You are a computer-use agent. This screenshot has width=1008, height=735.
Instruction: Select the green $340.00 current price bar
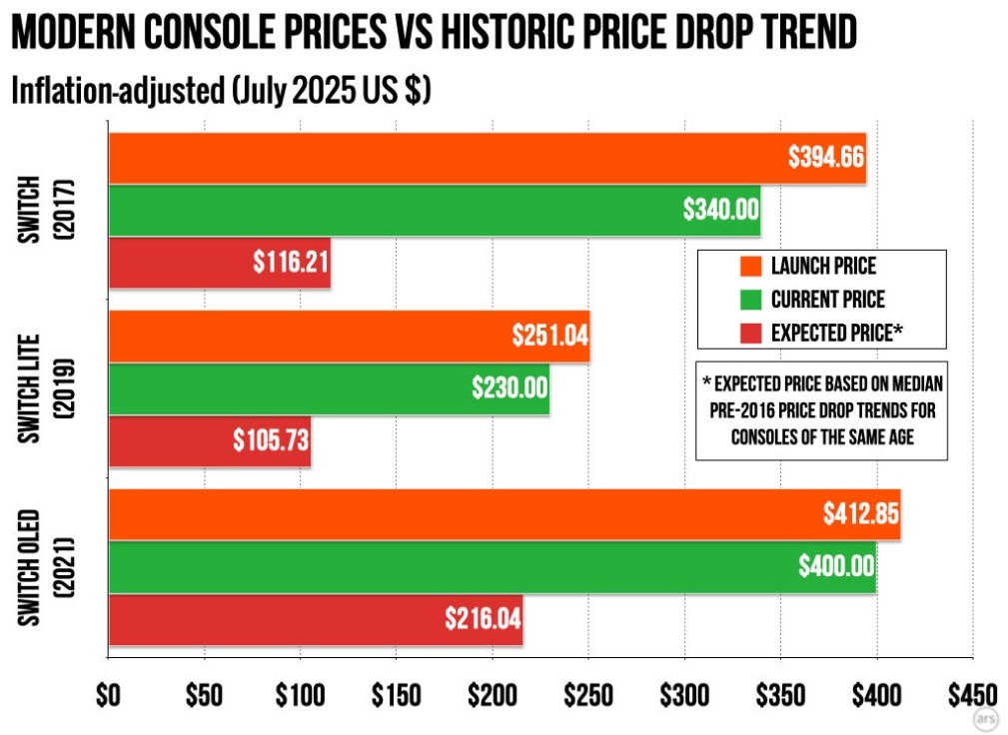(x=435, y=211)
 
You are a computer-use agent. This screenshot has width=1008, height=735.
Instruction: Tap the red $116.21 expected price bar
(x=220, y=264)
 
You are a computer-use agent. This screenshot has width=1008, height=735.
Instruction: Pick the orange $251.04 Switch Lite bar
(x=349, y=336)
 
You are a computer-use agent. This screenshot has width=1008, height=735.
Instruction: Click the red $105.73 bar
(x=209, y=440)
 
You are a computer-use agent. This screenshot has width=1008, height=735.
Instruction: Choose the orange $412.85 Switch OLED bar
(x=504, y=514)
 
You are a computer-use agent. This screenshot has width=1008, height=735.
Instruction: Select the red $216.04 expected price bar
(x=316, y=619)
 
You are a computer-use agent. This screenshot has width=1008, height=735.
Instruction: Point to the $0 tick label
(x=108, y=695)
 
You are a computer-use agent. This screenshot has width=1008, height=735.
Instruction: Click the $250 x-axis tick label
(x=588, y=695)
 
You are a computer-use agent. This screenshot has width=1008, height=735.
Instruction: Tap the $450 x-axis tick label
(x=972, y=695)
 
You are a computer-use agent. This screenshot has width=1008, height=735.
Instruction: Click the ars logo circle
(x=986, y=717)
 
